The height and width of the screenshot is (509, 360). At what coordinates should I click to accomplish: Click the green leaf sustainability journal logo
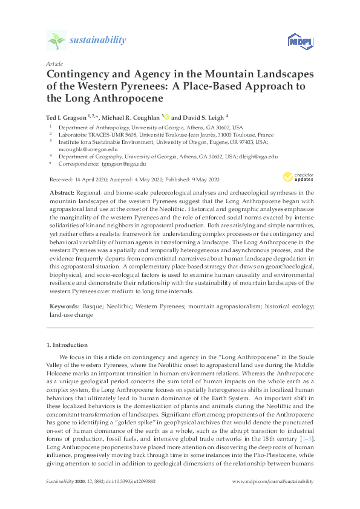(56, 41)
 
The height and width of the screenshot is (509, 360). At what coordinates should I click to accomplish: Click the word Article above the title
(54, 63)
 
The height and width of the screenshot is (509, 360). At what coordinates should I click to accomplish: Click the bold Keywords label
(63, 306)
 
